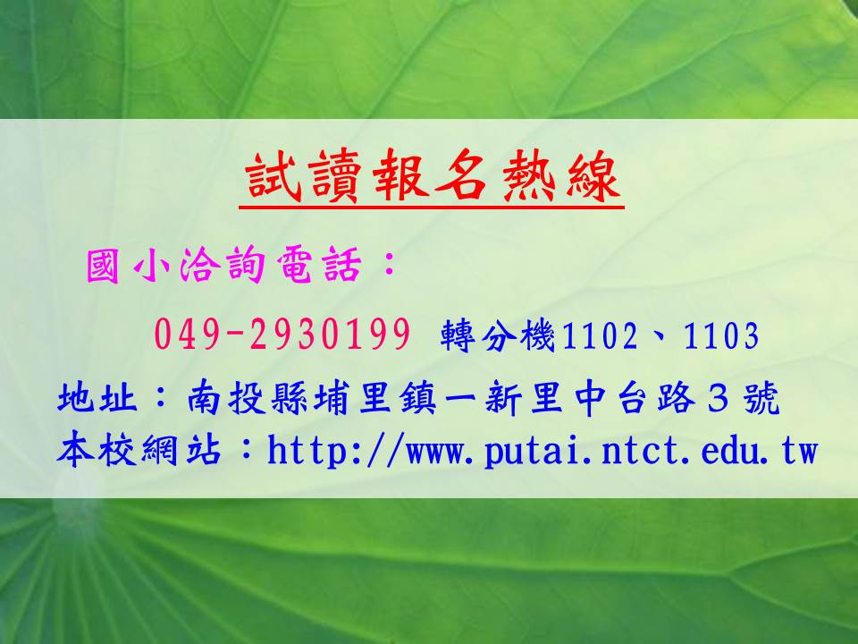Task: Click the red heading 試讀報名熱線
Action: [432, 176]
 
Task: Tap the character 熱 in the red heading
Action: [526, 176]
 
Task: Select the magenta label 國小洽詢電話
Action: [223, 265]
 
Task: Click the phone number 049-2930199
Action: [282, 334]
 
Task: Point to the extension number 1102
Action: [600, 335]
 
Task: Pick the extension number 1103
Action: [721, 335]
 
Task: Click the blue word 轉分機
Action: [499, 335]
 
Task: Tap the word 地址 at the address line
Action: [97, 398]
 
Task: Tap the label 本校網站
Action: [139, 450]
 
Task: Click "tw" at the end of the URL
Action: [799, 453]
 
